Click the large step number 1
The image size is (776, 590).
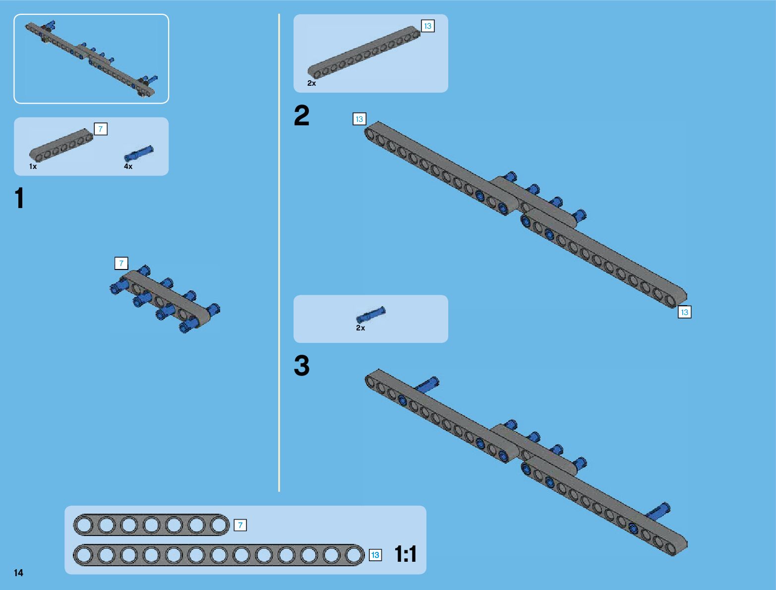[x=19, y=199]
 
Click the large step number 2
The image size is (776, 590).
[x=301, y=115]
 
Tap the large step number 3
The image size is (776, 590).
[x=301, y=366]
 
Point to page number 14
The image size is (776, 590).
[x=19, y=573]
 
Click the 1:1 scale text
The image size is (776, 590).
[x=406, y=554]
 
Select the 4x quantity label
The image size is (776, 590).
[x=128, y=166]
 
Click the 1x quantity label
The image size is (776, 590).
[x=33, y=166]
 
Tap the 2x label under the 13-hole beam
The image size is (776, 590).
[x=311, y=83]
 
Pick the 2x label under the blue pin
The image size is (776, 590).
[x=360, y=328]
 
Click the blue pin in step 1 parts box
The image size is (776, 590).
[x=139, y=153]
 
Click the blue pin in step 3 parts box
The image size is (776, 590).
[x=370, y=315]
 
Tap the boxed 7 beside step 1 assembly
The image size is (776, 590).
[x=121, y=264]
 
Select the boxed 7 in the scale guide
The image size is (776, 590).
[x=240, y=525]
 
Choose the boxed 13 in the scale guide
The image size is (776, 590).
[x=375, y=555]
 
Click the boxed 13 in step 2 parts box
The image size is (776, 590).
[x=427, y=26]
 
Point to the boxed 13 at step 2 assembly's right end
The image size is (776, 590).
[x=684, y=312]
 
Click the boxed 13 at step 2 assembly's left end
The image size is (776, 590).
[x=359, y=119]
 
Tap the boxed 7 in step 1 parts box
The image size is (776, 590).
[x=100, y=129]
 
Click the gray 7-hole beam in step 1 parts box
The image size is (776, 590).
[x=61, y=146]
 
